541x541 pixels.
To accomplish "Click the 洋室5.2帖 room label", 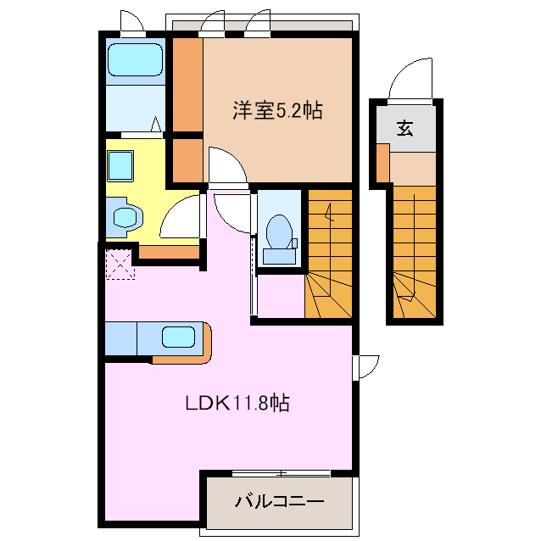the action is [x=278, y=111].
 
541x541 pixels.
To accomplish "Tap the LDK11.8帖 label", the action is [x=237, y=402].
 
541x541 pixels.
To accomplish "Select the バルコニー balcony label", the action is [x=280, y=502].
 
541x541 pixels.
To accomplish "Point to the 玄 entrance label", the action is [x=404, y=128].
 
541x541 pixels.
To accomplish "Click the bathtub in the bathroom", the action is [x=135, y=59].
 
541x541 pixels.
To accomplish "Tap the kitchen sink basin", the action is [x=178, y=337].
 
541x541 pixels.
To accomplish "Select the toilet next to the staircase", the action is [x=279, y=239].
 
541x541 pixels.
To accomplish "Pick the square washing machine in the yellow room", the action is [x=120, y=165].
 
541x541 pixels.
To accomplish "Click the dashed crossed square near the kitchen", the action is [x=120, y=265].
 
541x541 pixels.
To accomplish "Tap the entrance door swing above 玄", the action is [x=410, y=81].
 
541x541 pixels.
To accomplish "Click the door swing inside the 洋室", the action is [x=226, y=165].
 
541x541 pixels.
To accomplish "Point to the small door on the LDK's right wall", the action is [x=365, y=367].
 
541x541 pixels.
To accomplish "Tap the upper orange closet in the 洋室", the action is [x=187, y=85].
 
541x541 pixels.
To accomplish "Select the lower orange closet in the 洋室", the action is [x=187, y=160].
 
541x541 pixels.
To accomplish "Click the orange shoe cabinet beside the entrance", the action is [x=383, y=163].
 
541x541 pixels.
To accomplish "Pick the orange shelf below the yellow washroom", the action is [x=169, y=252].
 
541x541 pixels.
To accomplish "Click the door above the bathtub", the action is [x=131, y=23].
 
